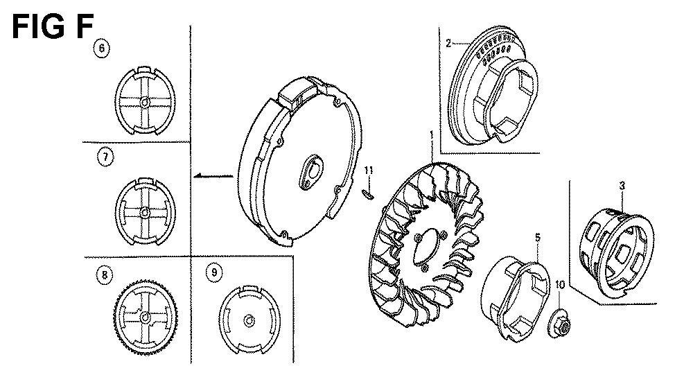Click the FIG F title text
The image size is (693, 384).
(x=53, y=26)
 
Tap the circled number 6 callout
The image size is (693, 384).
(x=102, y=48)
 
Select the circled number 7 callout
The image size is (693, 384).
(x=105, y=157)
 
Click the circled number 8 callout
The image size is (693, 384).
(x=105, y=275)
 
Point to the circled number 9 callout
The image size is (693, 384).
(x=214, y=272)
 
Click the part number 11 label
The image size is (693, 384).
(x=369, y=171)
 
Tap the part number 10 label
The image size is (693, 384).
(x=560, y=285)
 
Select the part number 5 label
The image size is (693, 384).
(x=538, y=237)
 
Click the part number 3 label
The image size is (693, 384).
(x=622, y=186)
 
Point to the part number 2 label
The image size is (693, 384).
(x=448, y=43)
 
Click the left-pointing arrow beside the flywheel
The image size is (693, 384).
(x=214, y=176)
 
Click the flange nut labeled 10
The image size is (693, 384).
(x=559, y=325)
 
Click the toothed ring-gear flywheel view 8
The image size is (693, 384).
(x=146, y=317)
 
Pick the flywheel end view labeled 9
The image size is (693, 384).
(x=249, y=320)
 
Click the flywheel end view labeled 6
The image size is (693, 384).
(x=145, y=101)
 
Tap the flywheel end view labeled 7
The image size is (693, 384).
(x=145, y=211)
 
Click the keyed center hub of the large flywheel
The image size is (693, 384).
(x=311, y=171)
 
